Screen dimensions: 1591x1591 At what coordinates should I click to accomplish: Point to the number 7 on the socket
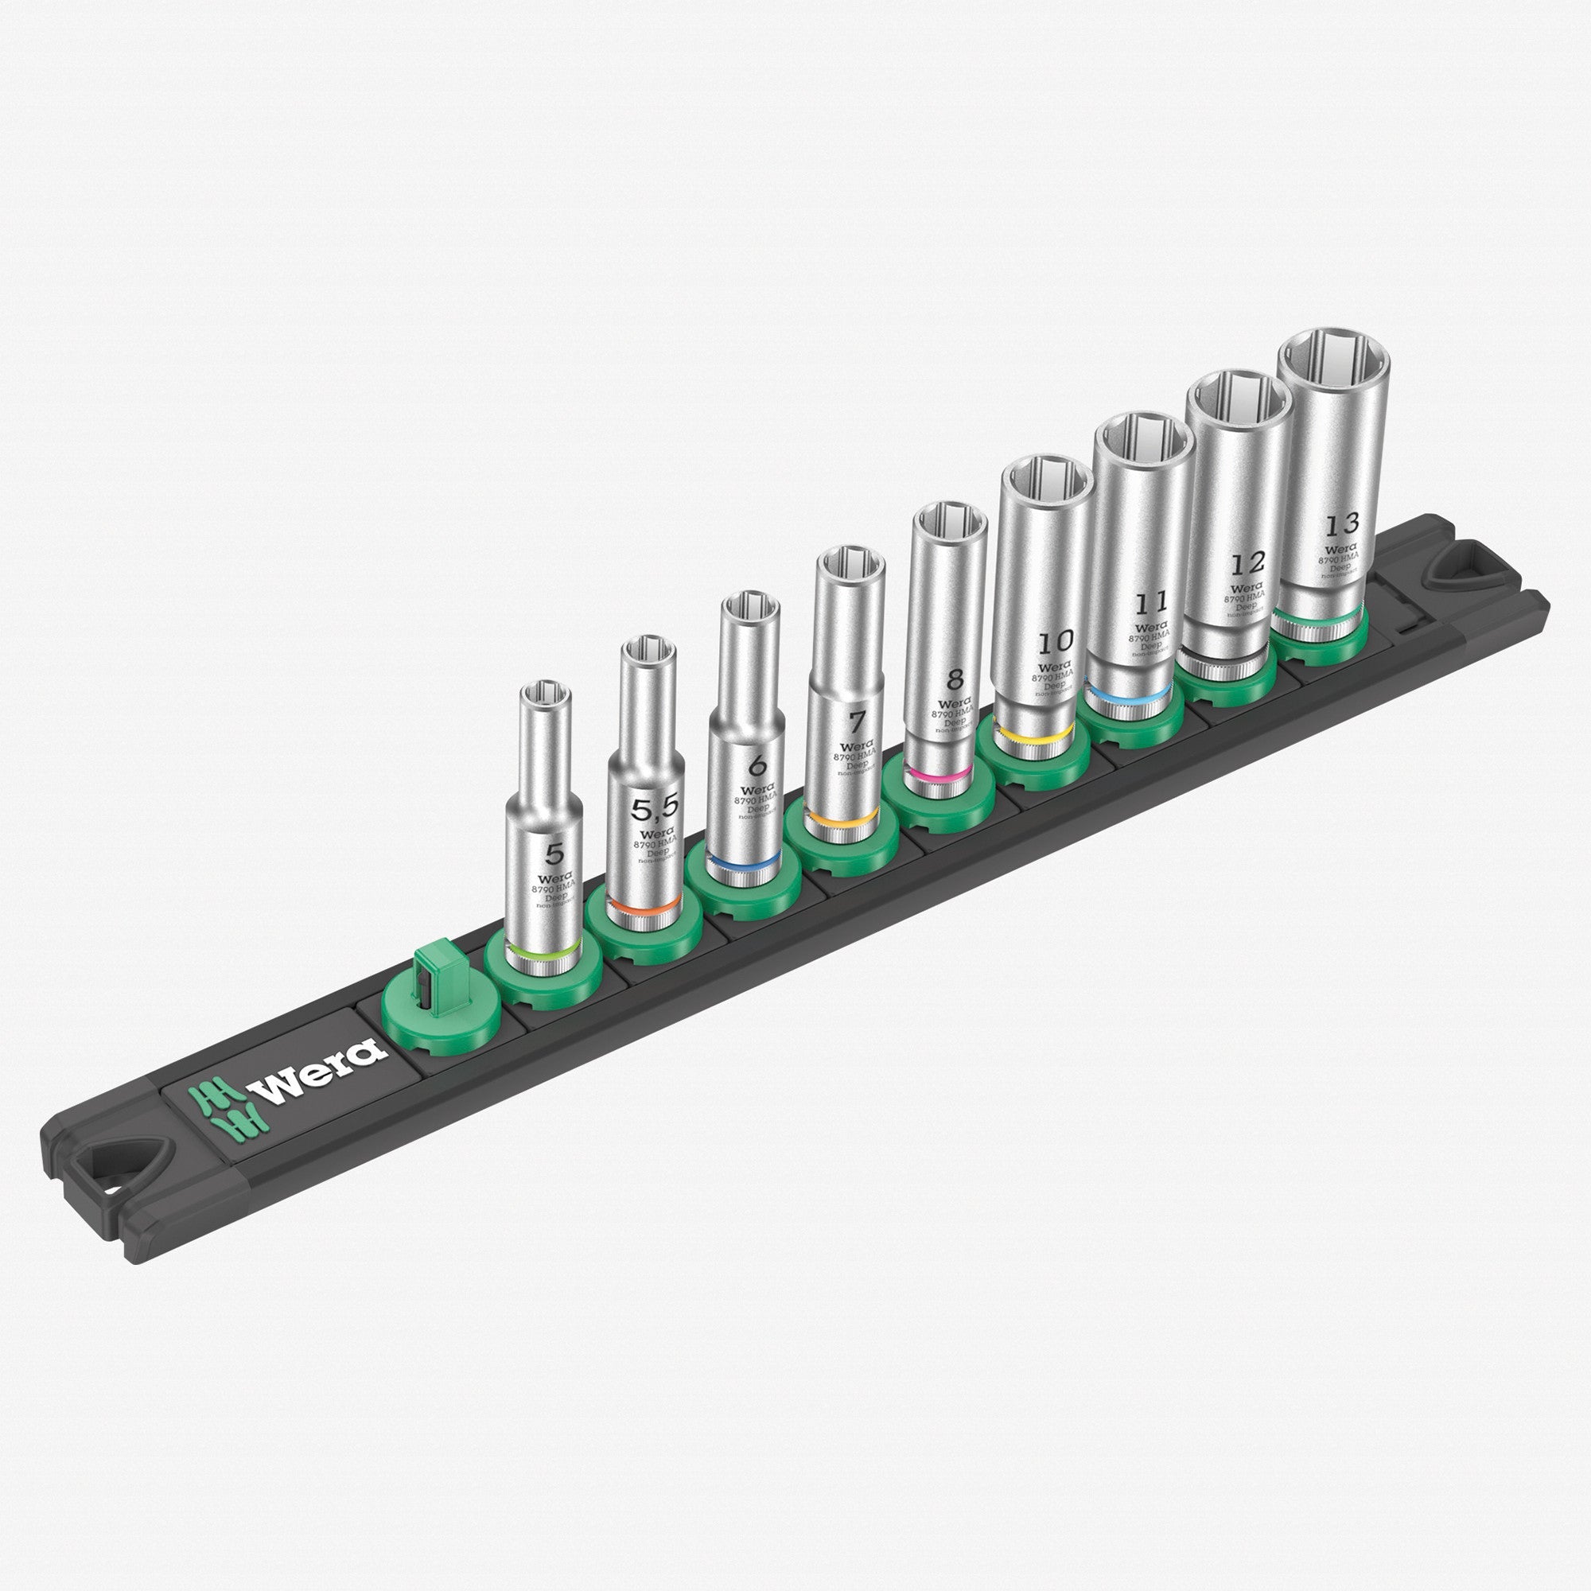pyautogui.click(x=858, y=722)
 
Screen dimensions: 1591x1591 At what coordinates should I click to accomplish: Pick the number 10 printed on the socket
pyautogui.click(x=1055, y=640)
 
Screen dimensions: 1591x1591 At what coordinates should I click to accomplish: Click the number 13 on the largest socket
pyautogui.click(x=1341, y=523)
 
